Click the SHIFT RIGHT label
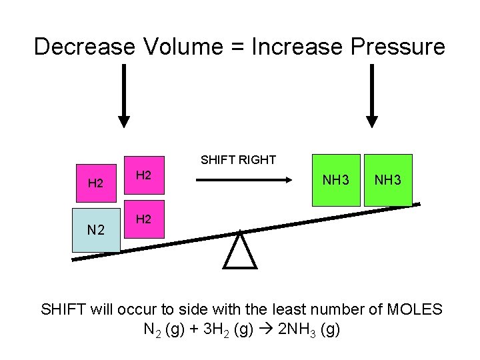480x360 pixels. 239,159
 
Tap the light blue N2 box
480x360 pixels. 97,230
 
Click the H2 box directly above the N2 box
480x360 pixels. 97,182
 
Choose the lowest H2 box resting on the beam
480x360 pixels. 144,219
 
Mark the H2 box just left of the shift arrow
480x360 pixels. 144,175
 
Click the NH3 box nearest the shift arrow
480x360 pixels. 337,180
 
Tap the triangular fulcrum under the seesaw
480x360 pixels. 240,249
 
